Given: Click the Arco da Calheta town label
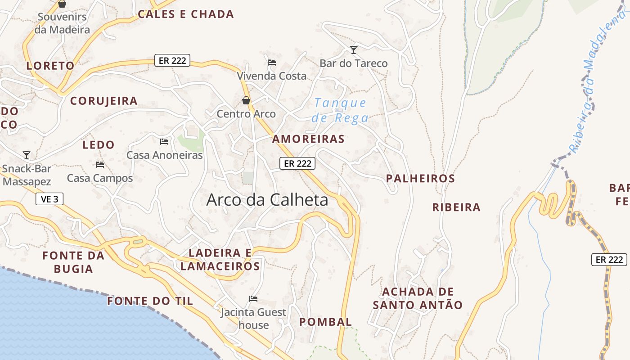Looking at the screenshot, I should click(x=267, y=200).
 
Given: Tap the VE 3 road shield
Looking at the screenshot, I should click(x=49, y=199).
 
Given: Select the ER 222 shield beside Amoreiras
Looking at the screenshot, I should click(x=297, y=163).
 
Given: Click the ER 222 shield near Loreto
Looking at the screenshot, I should click(x=172, y=60).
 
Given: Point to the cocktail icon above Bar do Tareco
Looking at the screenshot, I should click(x=354, y=49).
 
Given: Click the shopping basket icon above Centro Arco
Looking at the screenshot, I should click(x=246, y=100).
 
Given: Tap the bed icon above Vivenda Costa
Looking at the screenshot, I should click(x=272, y=63).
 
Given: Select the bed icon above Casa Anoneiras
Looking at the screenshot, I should click(x=164, y=142).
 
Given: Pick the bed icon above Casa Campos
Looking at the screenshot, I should click(x=100, y=165).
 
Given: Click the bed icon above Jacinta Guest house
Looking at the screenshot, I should click(x=253, y=299).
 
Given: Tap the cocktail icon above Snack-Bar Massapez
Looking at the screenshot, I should click(x=27, y=155).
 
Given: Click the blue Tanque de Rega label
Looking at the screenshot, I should click(x=340, y=111).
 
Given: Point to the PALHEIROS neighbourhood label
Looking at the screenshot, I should click(x=420, y=179).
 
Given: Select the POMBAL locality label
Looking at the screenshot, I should click(x=325, y=322).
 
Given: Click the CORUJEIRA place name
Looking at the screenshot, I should click(x=104, y=101).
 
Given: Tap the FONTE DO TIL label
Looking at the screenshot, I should click(x=150, y=301).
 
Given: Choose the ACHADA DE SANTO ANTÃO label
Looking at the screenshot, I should click(x=418, y=298).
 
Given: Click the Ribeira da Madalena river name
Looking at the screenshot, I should click(x=598, y=81).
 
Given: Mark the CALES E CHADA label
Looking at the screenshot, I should click(x=186, y=14).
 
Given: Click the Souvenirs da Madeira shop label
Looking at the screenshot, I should click(x=63, y=23).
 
